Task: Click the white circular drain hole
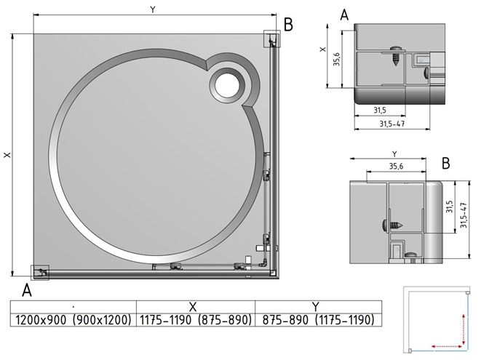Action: (227, 85)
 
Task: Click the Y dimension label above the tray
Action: (153, 9)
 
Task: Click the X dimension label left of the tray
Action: (7, 155)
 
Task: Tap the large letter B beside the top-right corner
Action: (288, 24)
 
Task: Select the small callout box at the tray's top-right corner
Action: (271, 39)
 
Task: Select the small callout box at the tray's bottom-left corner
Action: (40, 272)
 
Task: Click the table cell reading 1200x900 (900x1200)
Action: (73, 320)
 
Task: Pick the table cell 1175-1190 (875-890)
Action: (196, 320)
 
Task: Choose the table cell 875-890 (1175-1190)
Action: (319, 320)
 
